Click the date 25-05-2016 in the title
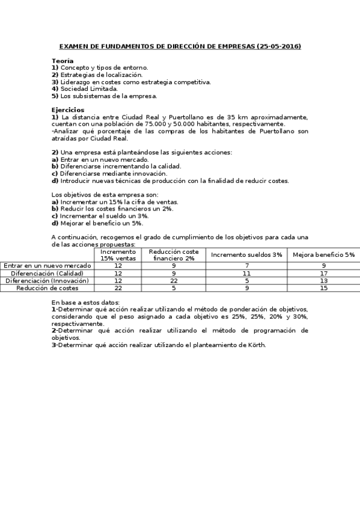[278, 46]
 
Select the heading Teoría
[63, 61]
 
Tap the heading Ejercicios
[68, 110]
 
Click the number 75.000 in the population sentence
[150, 124]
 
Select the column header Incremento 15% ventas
[118, 254]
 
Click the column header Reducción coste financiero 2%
[174, 254]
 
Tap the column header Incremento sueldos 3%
[246, 254]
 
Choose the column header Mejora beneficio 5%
[323, 254]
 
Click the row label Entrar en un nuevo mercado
[47, 265]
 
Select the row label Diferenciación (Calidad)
[47, 273]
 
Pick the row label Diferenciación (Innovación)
[47, 280]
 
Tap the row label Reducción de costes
[47, 288]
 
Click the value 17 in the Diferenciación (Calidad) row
[323, 273]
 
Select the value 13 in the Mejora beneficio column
[323, 280]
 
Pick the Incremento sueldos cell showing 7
[246, 265]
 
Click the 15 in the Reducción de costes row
[323, 288]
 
